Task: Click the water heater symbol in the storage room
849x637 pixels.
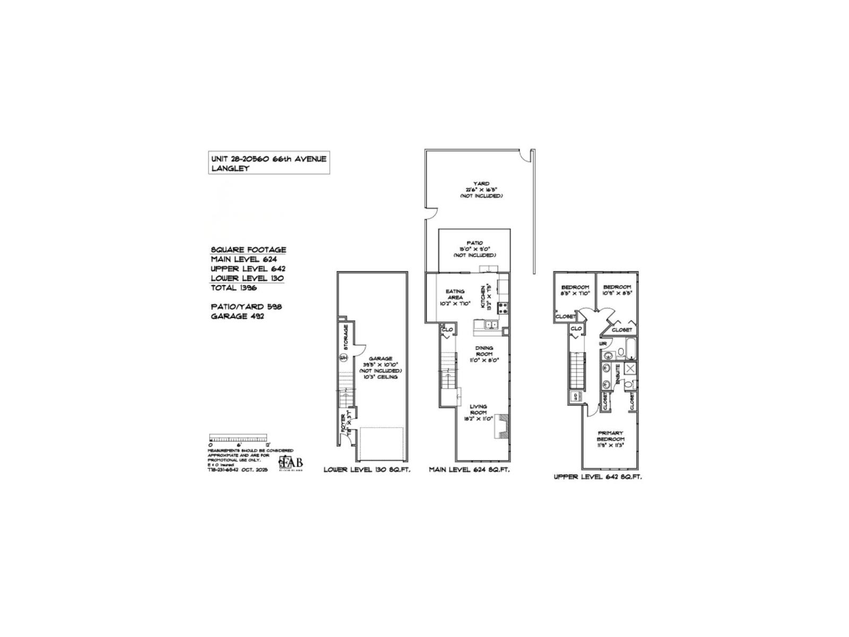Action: [x=343, y=357]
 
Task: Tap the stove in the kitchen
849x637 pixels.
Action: [x=502, y=307]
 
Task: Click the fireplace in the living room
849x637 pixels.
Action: [x=501, y=426]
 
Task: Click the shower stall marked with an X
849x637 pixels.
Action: [x=630, y=368]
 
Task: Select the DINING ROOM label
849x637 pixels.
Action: [x=483, y=354]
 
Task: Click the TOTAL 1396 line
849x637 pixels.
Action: [x=233, y=288]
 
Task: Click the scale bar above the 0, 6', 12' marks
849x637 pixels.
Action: [x=239, y=439]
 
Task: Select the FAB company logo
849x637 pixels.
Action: [x=292, y=462]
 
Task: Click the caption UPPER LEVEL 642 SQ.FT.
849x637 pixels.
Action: [x=597, y=477]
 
